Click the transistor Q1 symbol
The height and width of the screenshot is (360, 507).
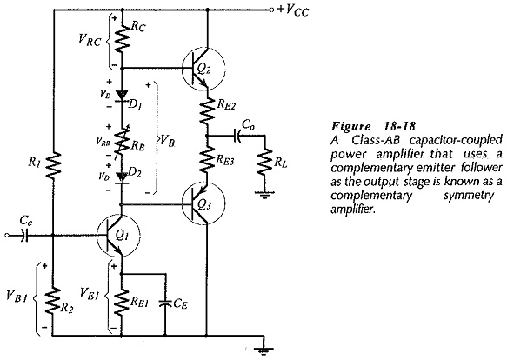tap(118, 236)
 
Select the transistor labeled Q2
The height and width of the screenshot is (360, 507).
tap(203, 69)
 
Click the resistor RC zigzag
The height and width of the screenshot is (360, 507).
tap(122, 39)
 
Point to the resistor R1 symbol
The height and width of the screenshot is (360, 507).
tap(53, 166)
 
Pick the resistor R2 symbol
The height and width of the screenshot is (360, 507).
tap(53, 301)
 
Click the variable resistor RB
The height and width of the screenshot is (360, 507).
tap(122, 142)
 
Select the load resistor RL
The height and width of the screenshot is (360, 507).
tap(265, 162)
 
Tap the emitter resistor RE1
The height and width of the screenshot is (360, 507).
tap(122, 301)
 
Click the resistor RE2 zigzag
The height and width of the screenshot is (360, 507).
tap(207, 110)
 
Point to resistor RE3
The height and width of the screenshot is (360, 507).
tap(207, 160)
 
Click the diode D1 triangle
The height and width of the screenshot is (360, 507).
tap(122, 96)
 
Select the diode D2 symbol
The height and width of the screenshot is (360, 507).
tap(122, 178)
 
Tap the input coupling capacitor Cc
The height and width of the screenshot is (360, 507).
tap(24, 236)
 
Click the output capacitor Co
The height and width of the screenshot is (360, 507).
tap(237, 136)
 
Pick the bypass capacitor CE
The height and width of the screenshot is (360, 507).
tap(165, 303)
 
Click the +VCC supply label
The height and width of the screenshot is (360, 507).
tap(293, 10)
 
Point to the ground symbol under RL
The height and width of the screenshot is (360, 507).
tap(264, 195)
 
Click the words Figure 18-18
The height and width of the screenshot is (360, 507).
tap(373, 126)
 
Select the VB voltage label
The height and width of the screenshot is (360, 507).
tap(168, 140)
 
